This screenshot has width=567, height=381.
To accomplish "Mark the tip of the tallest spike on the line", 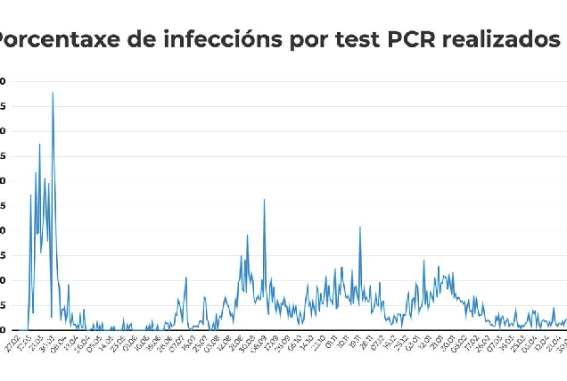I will (x=53, y=92).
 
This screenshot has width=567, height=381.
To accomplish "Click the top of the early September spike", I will (x=264, y=199).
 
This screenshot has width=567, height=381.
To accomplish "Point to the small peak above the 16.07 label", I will (x=186, y=277).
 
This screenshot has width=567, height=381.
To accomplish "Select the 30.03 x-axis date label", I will (x=45, y=344).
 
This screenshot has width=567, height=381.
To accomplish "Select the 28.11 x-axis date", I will (x=365, y=344).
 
